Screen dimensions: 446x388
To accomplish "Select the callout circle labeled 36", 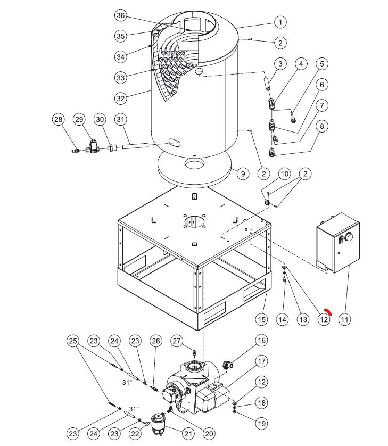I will tap(121, 15).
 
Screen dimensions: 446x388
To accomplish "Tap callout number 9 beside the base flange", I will tap(242, 174).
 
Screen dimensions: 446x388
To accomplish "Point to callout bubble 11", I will tap(345, 319).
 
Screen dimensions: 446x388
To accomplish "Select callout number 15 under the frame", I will tap(261, 319).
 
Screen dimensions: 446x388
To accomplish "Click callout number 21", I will tap(188, 434).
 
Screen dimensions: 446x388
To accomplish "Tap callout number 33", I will tap(121, 78).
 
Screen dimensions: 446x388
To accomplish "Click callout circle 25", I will tap(73, 341).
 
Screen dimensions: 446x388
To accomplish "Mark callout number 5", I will tap(321, 64).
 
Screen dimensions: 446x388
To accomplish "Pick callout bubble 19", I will tap(261, 424).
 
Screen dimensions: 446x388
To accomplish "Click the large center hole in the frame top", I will tap(195, 221).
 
